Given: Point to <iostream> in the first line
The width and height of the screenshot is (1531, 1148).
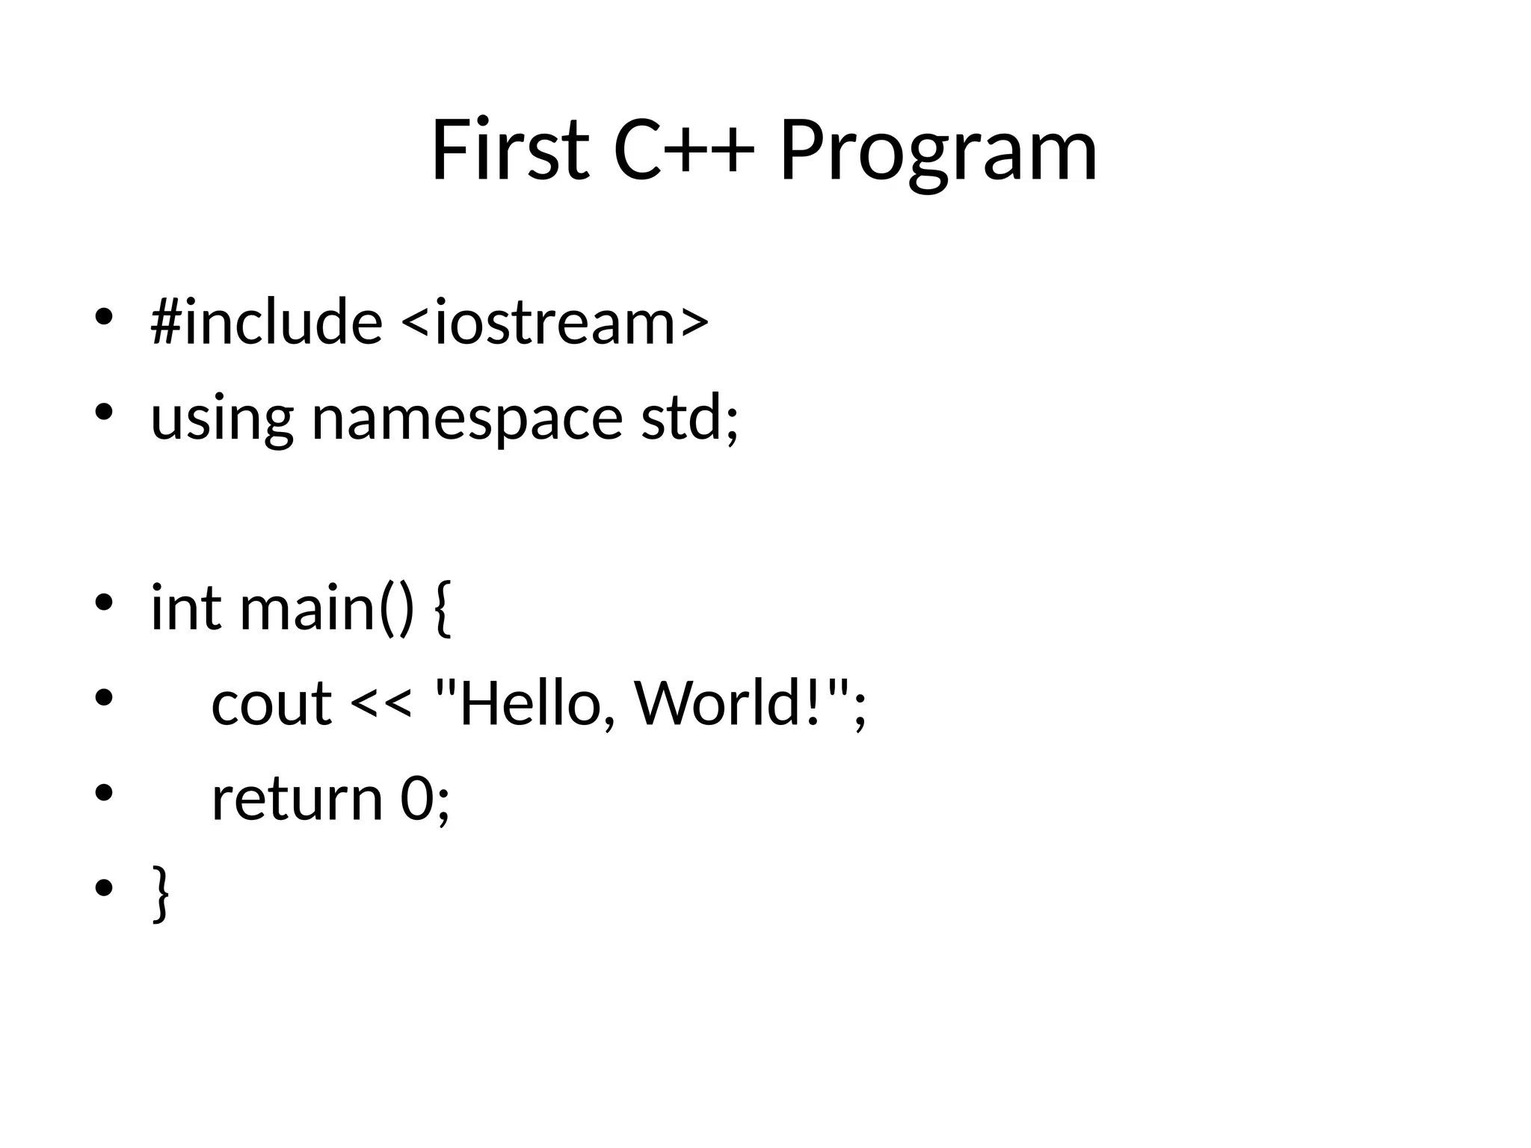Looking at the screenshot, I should pos(555,323).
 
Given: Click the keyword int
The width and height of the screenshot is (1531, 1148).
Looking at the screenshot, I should pos(186,607).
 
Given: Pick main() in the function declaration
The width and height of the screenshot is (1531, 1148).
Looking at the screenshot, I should pos(326,608).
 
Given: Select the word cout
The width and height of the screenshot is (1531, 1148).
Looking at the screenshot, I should pos(271,704).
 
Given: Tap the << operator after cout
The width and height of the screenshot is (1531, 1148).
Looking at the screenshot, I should pos(381,704).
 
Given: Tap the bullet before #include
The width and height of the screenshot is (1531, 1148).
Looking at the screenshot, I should pos(103,318).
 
